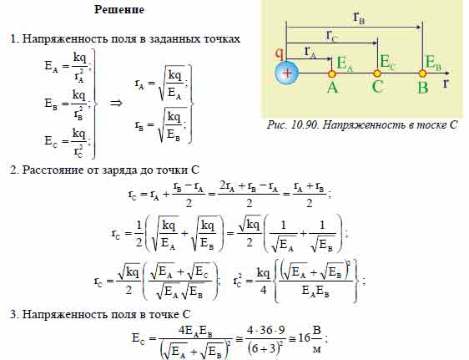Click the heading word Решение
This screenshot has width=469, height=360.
[119, 9]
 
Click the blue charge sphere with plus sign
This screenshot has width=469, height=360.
[286, 73]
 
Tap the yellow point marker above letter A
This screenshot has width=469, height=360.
[331, 74]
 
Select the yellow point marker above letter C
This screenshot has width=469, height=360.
[377, 74]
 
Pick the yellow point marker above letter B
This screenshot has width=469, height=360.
[422, 74]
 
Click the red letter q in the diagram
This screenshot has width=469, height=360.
[279, 53]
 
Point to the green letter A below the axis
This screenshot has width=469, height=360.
[332, 88]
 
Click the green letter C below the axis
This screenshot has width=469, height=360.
[377, 87]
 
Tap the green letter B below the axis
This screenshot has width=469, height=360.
[422, 88]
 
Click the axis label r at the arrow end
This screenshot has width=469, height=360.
[446, 83]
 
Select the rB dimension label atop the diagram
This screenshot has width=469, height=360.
[359, 18]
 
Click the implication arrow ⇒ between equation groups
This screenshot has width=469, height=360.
[116, 104]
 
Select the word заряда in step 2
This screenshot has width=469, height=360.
[119, 170]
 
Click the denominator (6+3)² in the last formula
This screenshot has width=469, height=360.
[265, 348]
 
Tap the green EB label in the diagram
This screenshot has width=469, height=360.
[433, 63]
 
